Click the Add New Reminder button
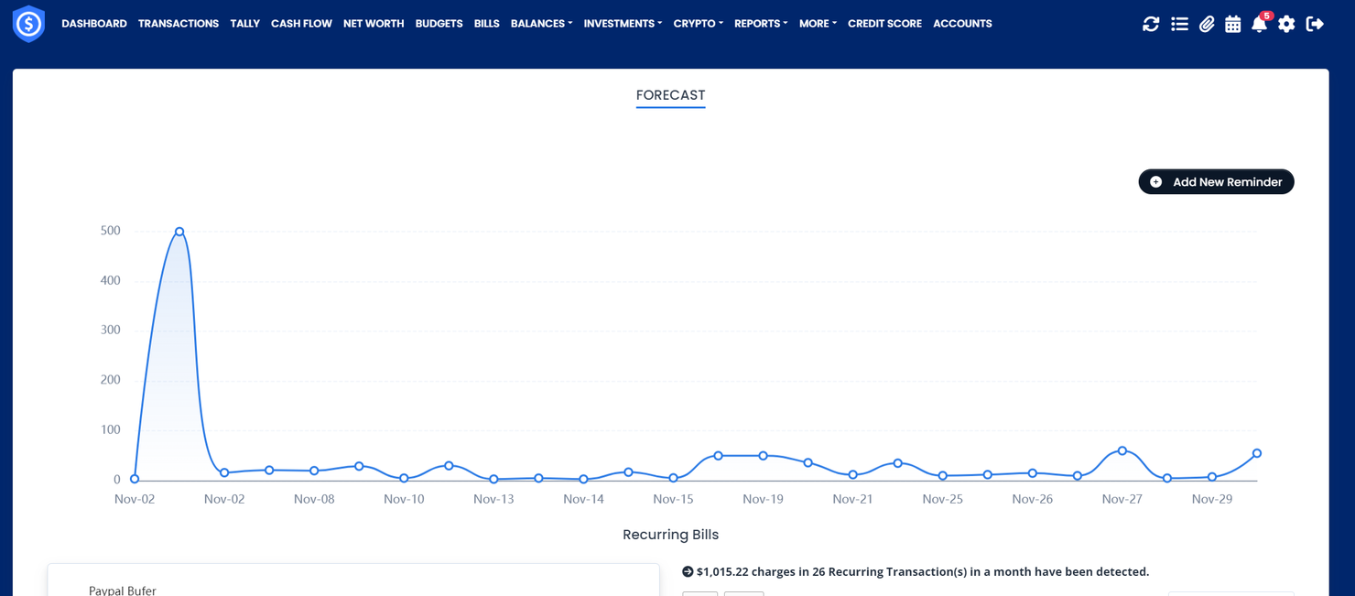pos(1216,182)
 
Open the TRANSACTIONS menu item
pos(179,24)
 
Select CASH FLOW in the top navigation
pos(301,24)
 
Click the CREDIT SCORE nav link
pos(884,24)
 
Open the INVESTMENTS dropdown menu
pos(622,24)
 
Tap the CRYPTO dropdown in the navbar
pos(698,24)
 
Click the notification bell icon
pos(1259,25)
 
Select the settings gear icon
pos(1286,25)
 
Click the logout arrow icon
pos(1315,25)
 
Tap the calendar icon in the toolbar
pos(1232,25)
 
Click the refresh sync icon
pos(1151,25)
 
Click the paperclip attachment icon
pos(1207,25)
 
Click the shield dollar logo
pos(28,24)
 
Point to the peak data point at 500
pos(179,232)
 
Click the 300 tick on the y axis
pos(110,331)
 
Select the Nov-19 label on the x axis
pos(763,500)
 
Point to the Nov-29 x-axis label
pos(1211,500)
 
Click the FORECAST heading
pos(670,95)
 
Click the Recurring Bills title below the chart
pos(670,535)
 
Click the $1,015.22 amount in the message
pos(722,572)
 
